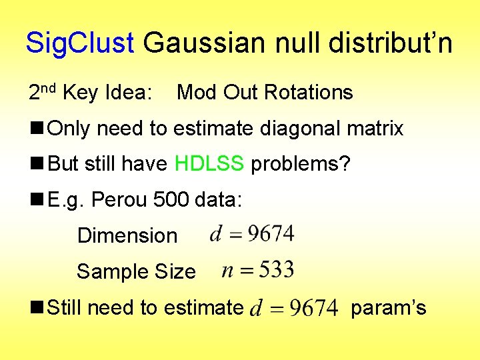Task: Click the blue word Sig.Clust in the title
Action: [x=79, y=43]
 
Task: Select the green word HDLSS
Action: [x=209, y=164]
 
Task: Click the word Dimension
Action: [x=127, y=235]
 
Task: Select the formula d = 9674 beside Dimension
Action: [x=251, y=233]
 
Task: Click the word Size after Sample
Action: [x=175, y=271]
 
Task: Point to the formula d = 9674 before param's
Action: [x=293, y=307]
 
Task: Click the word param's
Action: [x=388, y=307]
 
